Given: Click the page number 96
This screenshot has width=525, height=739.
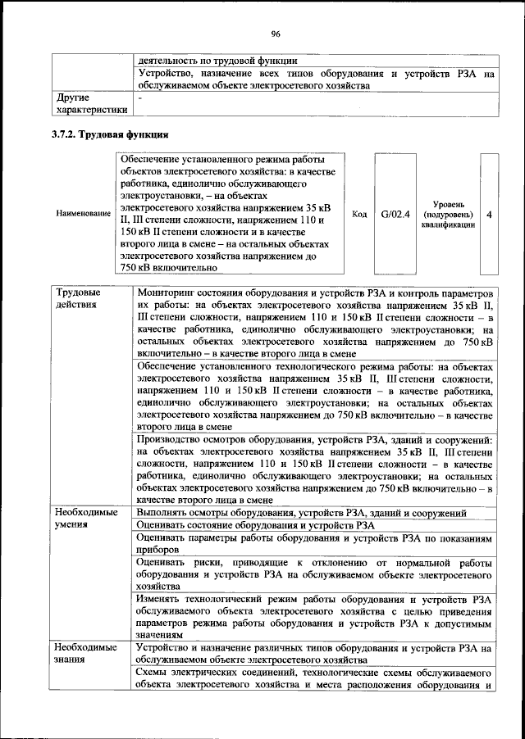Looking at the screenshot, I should [x=276, y=34].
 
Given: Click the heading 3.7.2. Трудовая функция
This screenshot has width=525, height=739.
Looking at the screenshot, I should [x=111, y=134].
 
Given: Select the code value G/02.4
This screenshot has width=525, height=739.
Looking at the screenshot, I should [x=395, y=214].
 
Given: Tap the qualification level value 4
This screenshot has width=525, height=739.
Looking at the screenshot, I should [x=489, y=214].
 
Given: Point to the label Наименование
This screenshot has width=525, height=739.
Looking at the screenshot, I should [x=83, y=214].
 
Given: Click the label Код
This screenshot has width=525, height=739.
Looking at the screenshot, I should [x=358, y=214].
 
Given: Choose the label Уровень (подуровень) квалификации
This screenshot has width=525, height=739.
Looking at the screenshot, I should [x=448, y=214].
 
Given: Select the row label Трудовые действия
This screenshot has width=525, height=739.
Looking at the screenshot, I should [x=79, y=298].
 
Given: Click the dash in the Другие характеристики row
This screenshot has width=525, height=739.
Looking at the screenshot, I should [x=140, y=97].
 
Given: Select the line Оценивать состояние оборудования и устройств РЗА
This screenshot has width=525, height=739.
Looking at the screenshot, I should [x=257, y=525].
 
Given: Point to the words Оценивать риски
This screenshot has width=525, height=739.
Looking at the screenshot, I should [x=175, y=564].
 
